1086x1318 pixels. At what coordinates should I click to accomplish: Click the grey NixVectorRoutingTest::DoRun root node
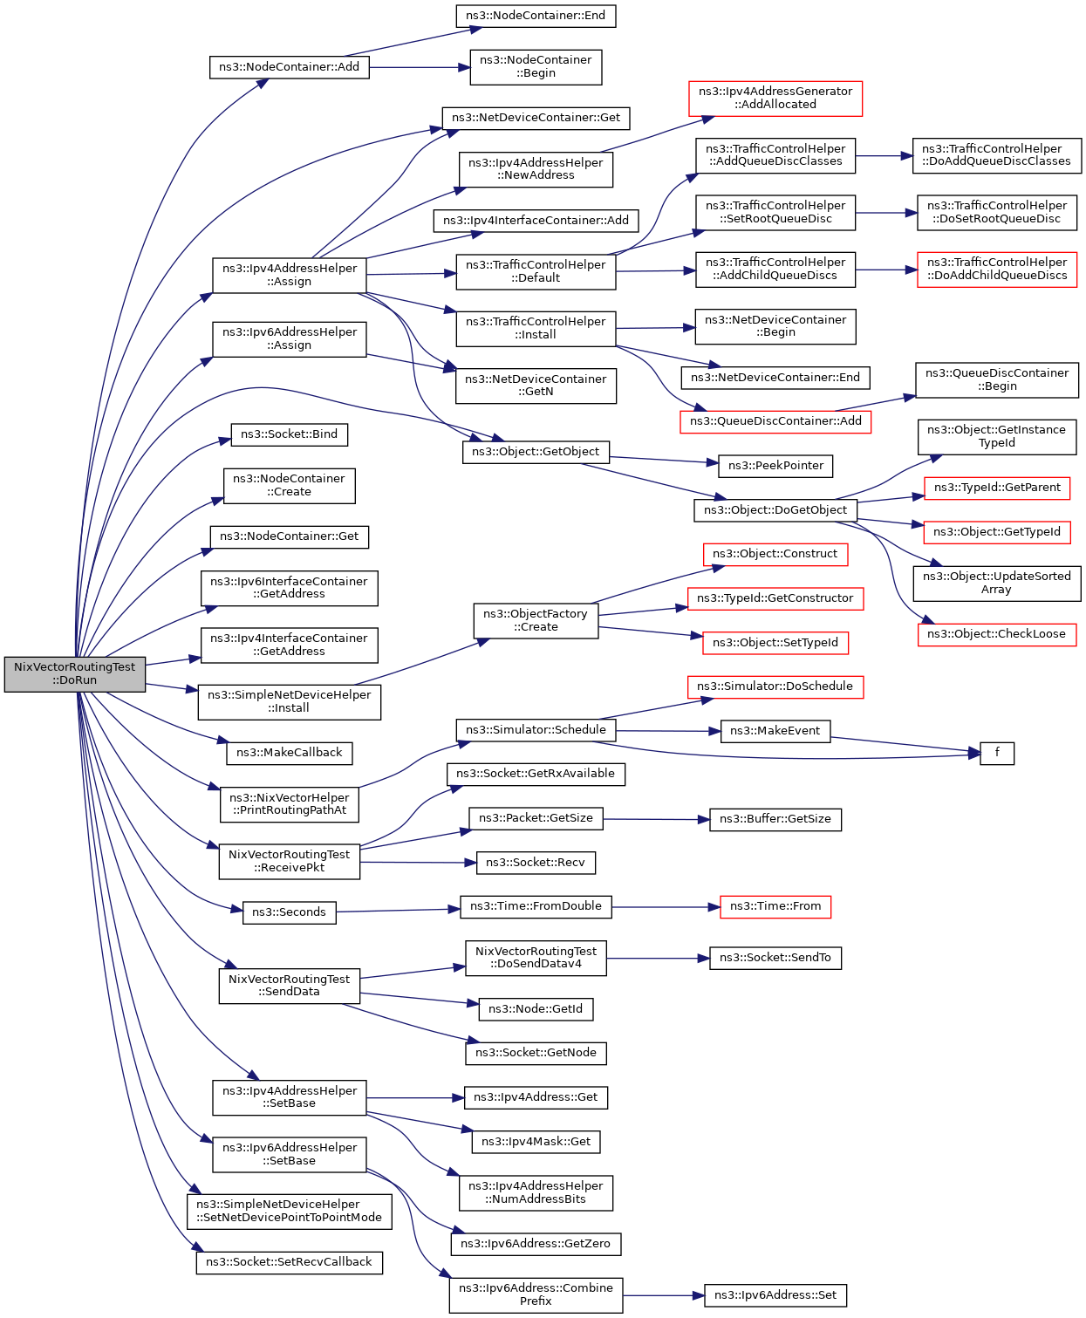coord(74,673)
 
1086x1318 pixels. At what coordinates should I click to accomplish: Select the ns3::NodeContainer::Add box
coord(290,67)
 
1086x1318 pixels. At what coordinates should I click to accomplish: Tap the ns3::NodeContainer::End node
coord(536,16)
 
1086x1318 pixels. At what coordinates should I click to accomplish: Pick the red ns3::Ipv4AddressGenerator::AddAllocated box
coord(775,98)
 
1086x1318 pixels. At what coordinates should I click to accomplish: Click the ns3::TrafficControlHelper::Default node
coord(536,271)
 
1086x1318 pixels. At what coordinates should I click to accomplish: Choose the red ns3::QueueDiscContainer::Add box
coord(775,421)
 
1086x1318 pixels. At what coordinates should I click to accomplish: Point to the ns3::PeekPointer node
coord(775,466)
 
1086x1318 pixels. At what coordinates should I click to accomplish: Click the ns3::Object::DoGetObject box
coord(775,510)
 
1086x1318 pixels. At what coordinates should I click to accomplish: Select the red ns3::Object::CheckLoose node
coord(997,634)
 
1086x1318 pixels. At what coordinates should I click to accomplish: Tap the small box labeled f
coord(997,753)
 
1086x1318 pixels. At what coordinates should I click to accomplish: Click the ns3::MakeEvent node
coord(775,731)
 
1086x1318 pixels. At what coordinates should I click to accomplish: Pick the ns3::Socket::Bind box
coord(290,434)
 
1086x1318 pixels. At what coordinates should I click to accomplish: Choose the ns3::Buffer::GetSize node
coord(775,819)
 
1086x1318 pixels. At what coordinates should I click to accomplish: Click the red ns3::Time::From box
coord(775,906)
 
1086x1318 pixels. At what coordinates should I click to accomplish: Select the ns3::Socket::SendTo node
coord(775,958)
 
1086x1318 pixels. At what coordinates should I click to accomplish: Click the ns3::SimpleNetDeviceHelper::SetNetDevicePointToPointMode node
coord(290,1212)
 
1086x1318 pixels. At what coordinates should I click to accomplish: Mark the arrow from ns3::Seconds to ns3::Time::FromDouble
coord(398,911)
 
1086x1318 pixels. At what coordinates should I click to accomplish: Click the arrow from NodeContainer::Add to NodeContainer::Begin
coord(420,67)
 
